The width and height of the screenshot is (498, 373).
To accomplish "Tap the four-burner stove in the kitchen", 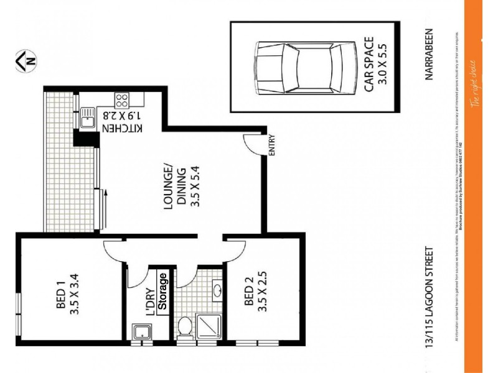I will click(x=121, y=100).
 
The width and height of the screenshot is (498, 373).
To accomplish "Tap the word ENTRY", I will click(x=271, y=147).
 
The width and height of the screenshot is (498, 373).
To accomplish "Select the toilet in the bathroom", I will click(x=185, y=325).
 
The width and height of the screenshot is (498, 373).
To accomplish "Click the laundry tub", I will click(x=140, y=332).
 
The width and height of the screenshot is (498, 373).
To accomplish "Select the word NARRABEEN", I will click(x=429, y=56).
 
